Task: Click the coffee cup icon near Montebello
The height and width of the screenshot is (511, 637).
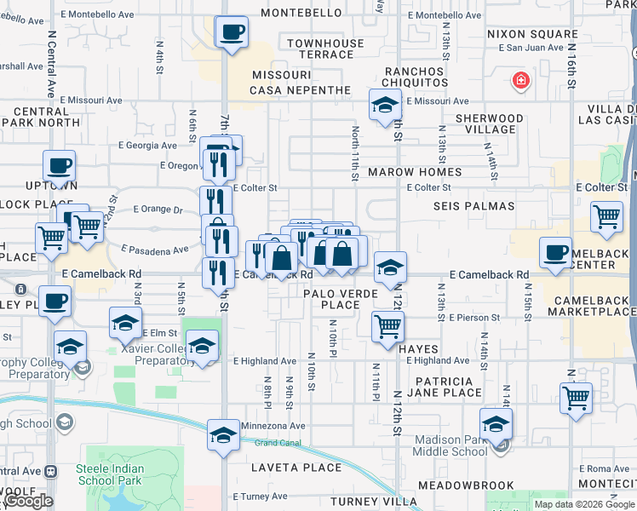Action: tap(232, 33)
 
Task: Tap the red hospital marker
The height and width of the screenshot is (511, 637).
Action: tap(519, 82)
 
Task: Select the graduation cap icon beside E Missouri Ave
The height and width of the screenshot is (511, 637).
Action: tap(385, 106)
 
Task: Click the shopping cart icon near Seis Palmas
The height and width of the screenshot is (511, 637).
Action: tap(605, 217)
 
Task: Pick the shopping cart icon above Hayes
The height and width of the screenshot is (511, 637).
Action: tap(387, 324)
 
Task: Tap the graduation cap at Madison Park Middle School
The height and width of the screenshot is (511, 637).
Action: tap(496, 423)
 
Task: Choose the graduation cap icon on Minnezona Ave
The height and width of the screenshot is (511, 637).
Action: tap(224, 434)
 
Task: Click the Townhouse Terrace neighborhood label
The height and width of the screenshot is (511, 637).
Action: tap(320, 49)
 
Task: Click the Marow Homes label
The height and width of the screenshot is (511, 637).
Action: tap(415, 172)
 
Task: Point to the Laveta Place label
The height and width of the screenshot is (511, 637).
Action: tap(296, 468)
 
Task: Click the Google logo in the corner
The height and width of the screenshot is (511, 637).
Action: tap(27, 502)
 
